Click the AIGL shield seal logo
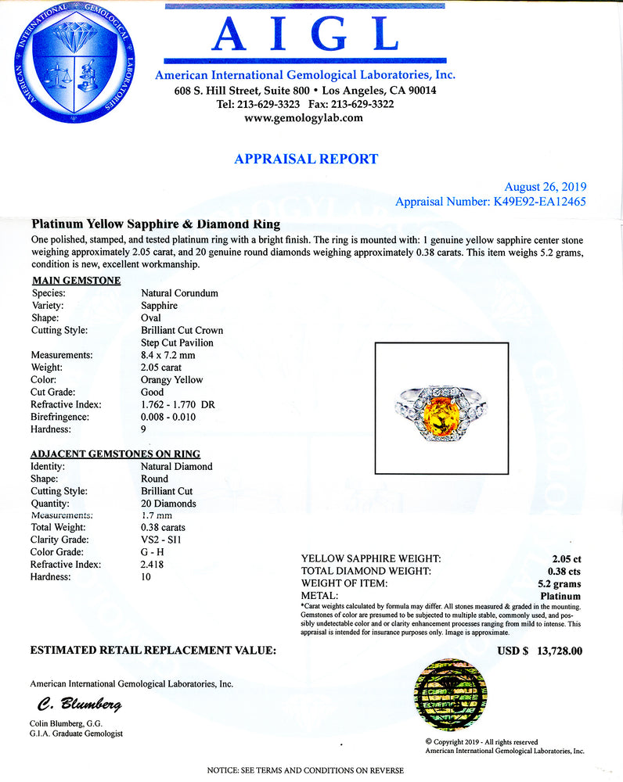[x=73, y=63]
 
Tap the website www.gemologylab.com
[x=304, y=118]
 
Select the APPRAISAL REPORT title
[x=306, y=160]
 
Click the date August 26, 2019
[x=546, y=187]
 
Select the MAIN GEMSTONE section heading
[x=75, y=280]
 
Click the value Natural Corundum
[x=179, y=293]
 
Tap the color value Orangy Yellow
[x=171, y=380]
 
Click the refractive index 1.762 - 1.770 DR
[x=178, y=405]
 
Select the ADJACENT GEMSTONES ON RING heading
[x=115, y=454]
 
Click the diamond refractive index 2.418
[x=153, y=565]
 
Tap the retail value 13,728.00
[x=557, y=651]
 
